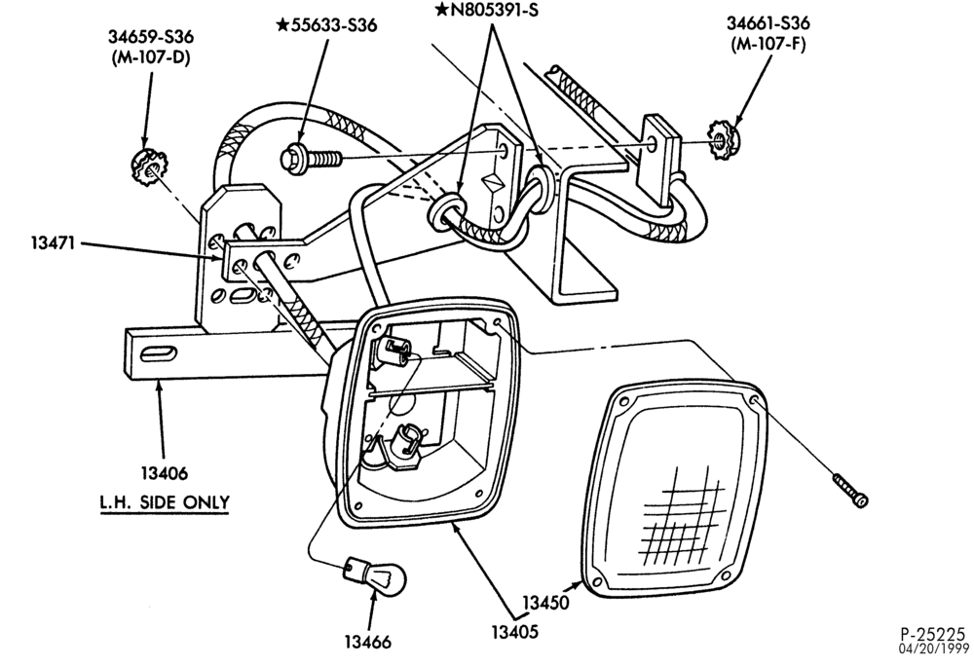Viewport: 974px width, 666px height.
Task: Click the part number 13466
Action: (x=368, y=642)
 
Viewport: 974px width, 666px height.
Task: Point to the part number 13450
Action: (x=545, y=603)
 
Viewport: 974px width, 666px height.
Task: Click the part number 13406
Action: (x=164, y=473)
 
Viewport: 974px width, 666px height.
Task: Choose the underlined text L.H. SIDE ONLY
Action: (x=165, y=503)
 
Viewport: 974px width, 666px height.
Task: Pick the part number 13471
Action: (x=53, y=242)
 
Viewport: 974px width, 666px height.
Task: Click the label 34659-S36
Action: (x=151, y=37)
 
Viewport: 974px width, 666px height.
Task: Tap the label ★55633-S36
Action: (x=326, y=25)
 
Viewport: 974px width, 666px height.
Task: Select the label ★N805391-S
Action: (x=486, y=10)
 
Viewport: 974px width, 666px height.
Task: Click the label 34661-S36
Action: (x=768, y=23)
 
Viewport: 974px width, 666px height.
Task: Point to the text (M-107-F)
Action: (x=768, y=45)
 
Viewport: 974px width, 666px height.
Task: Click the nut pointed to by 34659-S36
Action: (x=147, y=167)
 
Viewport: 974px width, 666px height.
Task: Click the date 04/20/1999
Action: (x=934, y=648)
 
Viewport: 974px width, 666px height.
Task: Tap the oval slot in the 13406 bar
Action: (x=158, y=354)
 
